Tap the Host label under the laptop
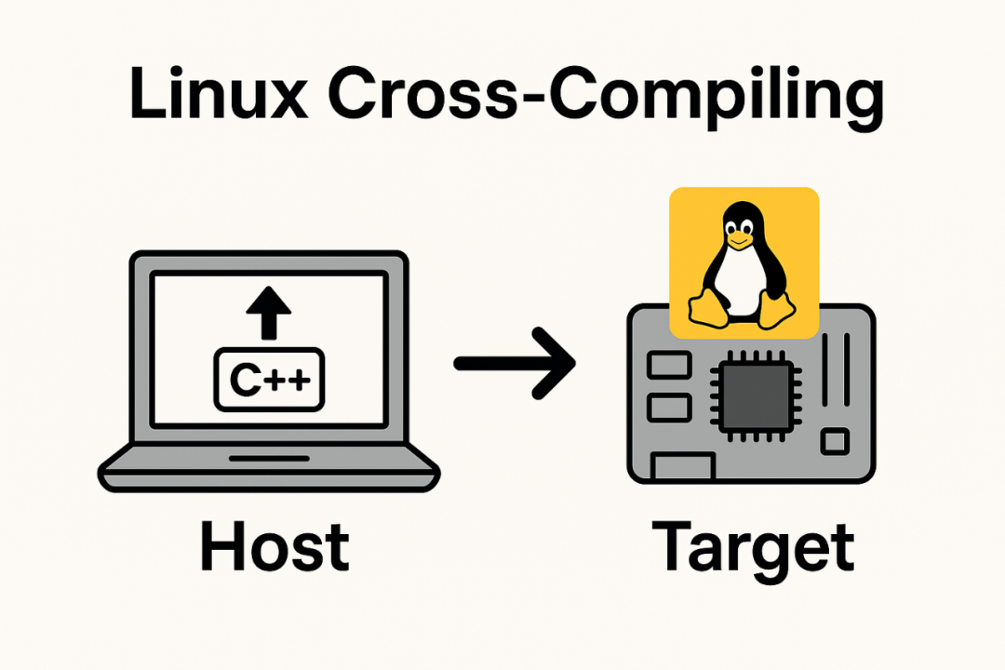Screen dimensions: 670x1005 pos(275,547)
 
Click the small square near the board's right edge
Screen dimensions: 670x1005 pos(837,440)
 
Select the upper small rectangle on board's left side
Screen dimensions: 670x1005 pos(665,364)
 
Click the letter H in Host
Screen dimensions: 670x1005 pos(221,547)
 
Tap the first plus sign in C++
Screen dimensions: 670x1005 pos(277,380)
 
